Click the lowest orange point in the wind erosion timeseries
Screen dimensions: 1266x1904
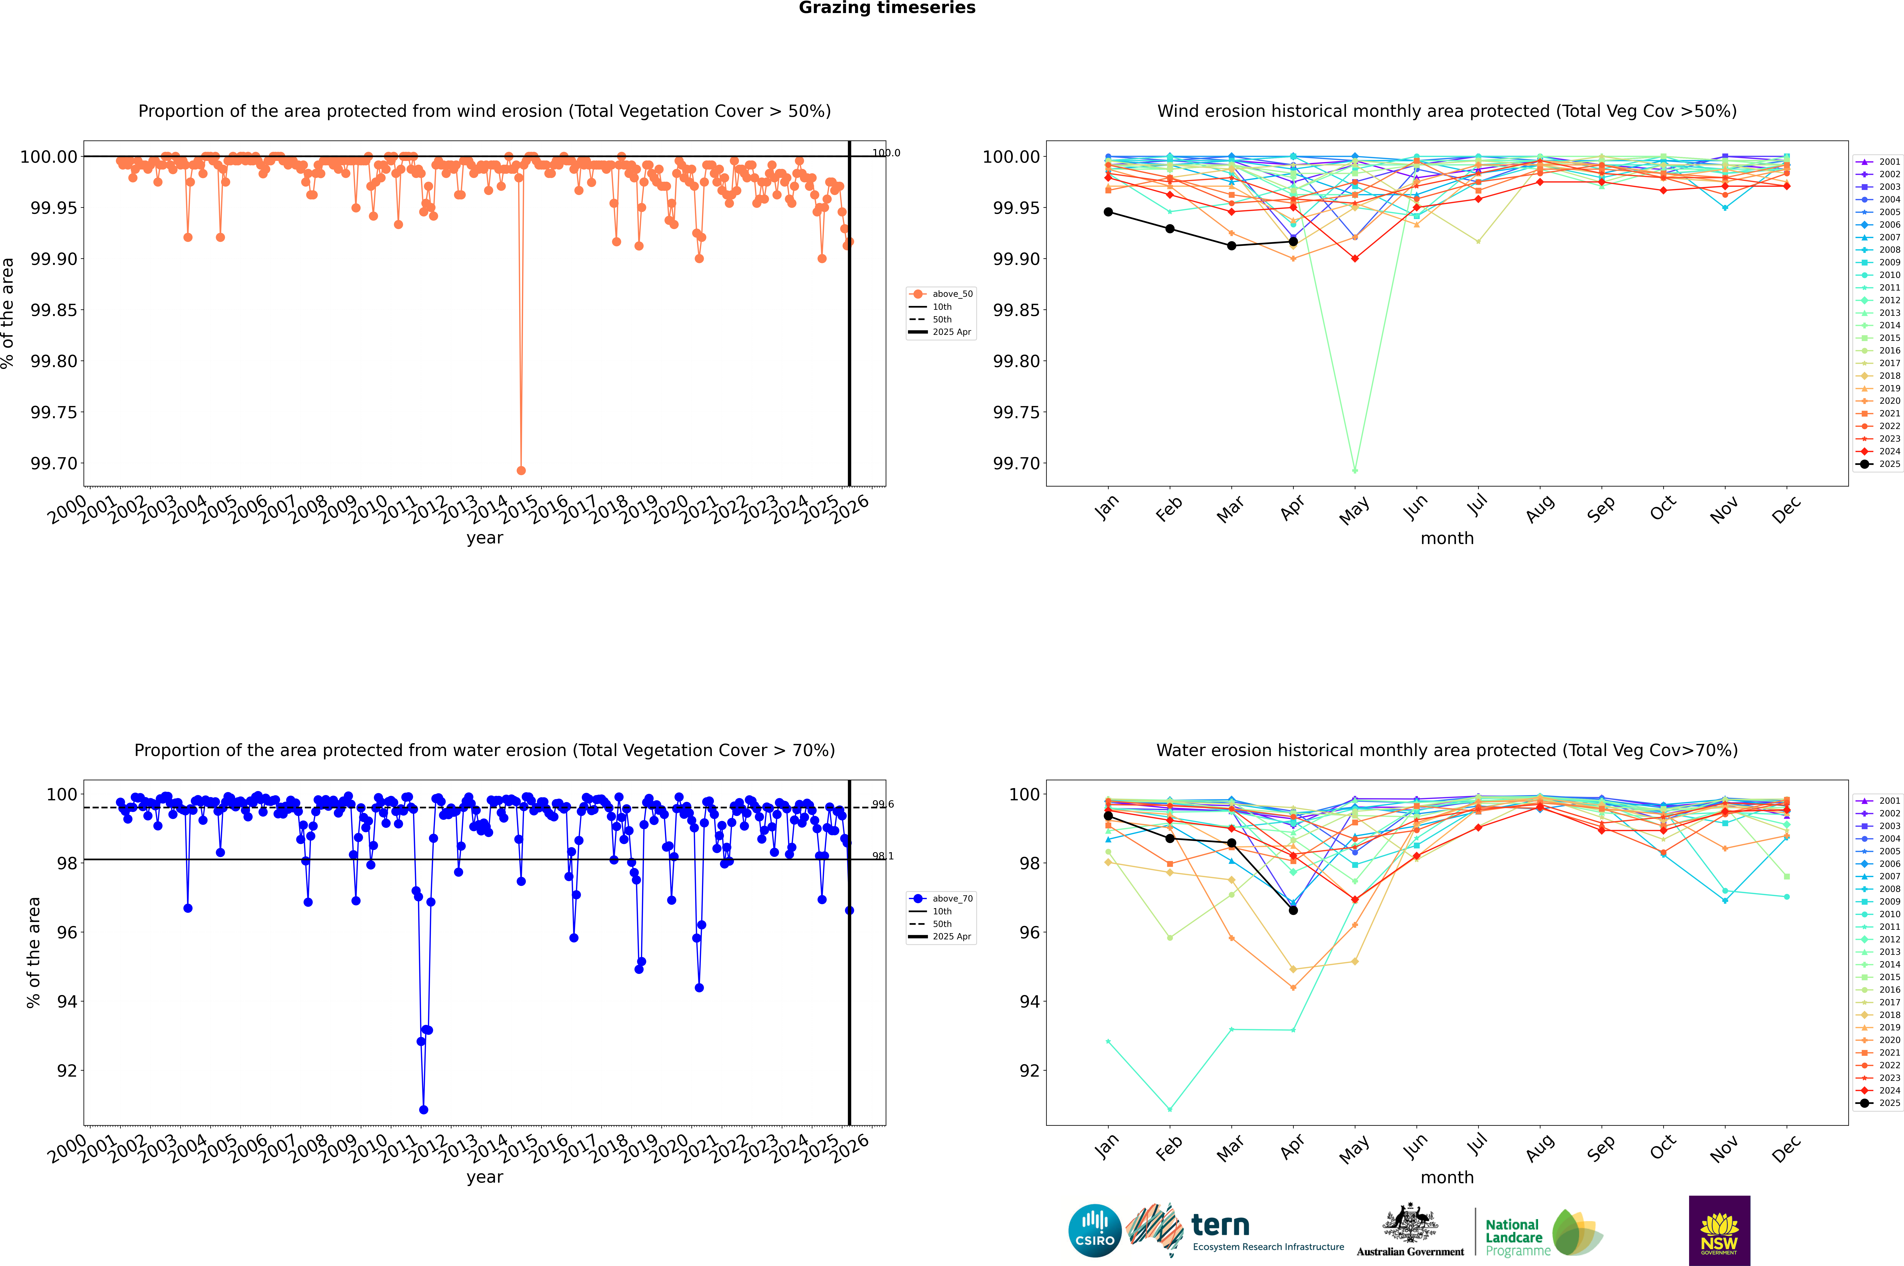[521, 470]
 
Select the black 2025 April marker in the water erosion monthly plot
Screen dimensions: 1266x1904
[1293, 910]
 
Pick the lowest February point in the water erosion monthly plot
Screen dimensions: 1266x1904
[1170, 1109]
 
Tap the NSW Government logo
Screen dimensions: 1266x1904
[1719, 1231]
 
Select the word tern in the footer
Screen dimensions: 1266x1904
[1220, 1226]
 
